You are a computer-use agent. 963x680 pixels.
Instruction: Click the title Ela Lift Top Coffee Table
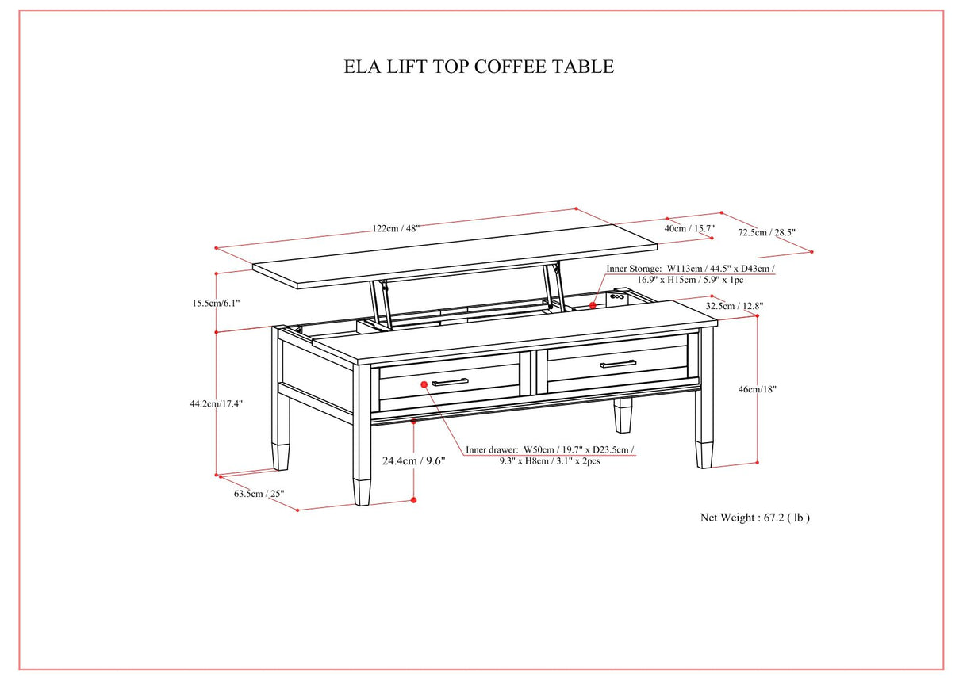coord(478,67)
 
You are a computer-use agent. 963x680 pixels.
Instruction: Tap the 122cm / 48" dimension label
coord(396,228)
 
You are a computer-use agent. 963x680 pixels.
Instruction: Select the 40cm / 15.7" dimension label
coord(689,228)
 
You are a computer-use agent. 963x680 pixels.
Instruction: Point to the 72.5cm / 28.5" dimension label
coord(766,233)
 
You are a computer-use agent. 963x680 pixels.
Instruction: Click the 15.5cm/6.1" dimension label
coord(215,303)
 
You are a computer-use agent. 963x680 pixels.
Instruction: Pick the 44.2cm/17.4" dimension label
coord(217,403)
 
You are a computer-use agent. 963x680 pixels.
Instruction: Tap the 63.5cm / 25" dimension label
coord(259,494)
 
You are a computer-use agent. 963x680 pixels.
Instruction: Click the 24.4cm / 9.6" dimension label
coord(413,460)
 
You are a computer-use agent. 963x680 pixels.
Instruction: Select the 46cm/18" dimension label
coord(758,389)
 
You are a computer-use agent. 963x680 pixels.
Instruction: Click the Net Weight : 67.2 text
coord(754,518)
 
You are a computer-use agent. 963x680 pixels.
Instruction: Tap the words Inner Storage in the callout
coord(634,269)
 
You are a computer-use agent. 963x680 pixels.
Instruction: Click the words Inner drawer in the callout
coord(492,449)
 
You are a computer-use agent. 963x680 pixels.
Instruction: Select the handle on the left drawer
coord(450,383)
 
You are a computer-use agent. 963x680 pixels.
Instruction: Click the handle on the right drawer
coord(618,364)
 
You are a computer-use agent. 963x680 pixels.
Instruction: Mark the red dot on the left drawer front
coord(424,384)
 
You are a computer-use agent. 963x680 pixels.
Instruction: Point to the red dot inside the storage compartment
coord(592,304)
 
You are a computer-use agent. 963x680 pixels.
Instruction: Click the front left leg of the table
coord(363,444)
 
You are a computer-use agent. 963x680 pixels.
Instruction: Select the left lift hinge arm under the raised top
coord(379,303)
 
